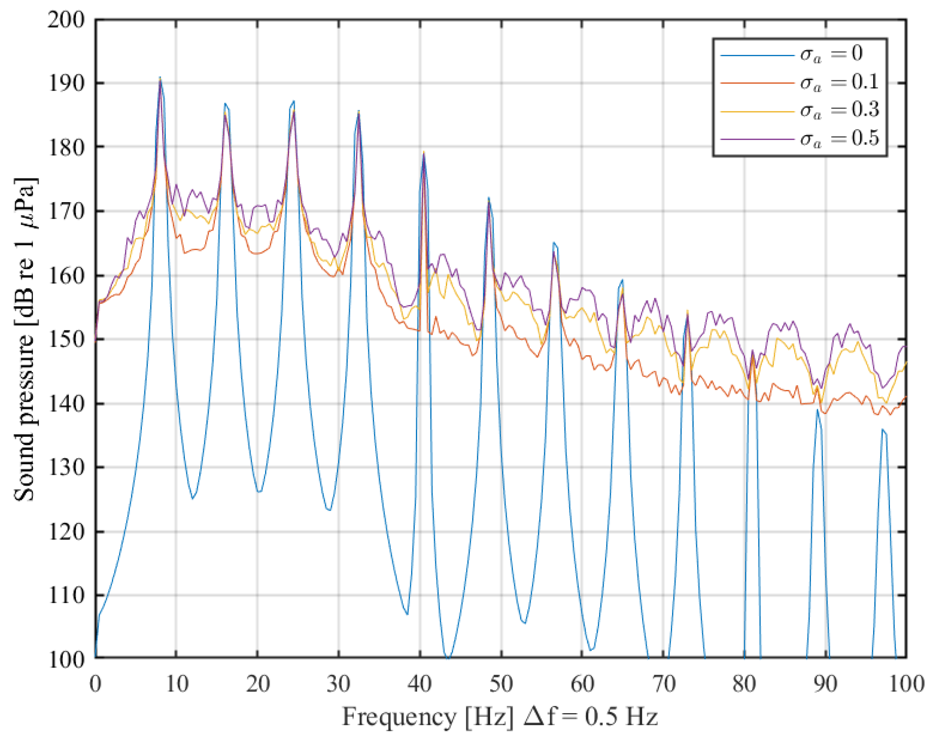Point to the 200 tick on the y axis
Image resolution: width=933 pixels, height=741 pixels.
[x=66, y=20]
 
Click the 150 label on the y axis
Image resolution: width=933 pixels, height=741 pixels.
[x=66, y=340]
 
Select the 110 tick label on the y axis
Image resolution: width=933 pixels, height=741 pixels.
[x=66, y=596]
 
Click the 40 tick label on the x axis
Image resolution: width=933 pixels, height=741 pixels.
[x=420, y=685]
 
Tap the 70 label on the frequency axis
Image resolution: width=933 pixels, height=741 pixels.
[x=663, y=685]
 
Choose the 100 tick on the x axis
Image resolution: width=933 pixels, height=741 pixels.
[x=906, y=685]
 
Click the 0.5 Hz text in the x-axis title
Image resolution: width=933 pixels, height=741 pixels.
[x=621, y=717]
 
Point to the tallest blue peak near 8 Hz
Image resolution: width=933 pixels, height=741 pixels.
[x=160, y=78]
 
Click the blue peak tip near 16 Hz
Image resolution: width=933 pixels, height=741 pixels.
[x=225, y=103]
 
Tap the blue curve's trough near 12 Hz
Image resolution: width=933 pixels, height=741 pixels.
[x=193, y=499]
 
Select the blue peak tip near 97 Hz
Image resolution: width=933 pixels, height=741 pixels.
[x=882, y=430]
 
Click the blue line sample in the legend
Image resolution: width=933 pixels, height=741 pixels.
[x=757, y=55]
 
